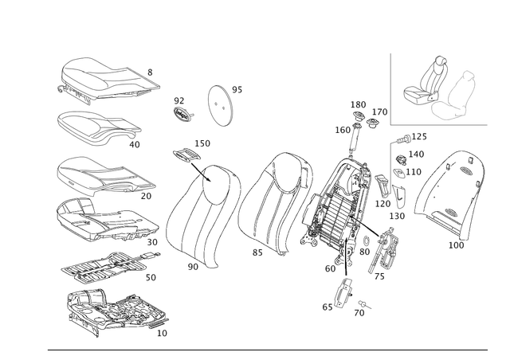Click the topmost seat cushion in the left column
pos(104,80)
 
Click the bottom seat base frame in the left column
pos(112,312)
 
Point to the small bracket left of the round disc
pos(182,110)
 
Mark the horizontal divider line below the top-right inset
pos(438,125)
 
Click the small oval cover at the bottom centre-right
pos(343,292)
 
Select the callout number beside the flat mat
pos(151,278)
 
